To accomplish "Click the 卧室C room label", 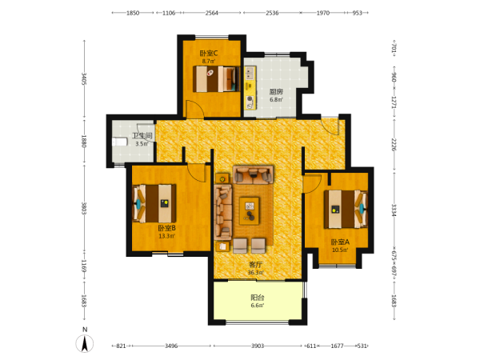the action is [209, 54].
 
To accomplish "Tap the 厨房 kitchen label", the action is [276, 91].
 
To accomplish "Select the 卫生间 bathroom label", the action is [142, 136].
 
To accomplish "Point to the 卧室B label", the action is [167, 228].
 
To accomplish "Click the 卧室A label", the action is [340, 242].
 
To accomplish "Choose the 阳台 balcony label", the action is [258, 298].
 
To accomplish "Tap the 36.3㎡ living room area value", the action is [256, 273].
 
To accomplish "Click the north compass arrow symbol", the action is [85, 343].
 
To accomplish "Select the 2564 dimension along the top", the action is [212, 13].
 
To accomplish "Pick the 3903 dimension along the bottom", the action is [258, 346].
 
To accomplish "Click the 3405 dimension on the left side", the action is [84, 79].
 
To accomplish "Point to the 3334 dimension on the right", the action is [394, 210].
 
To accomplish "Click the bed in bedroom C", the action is [216, 79].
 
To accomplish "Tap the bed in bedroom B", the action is [154, 203].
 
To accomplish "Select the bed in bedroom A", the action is [346, 210].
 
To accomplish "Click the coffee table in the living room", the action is [250, 211].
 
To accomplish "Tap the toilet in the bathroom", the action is [120, 142].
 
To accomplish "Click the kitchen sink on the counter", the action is [250, 73].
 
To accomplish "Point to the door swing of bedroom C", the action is [195, 109].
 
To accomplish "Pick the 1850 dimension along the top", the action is [133, 13].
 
